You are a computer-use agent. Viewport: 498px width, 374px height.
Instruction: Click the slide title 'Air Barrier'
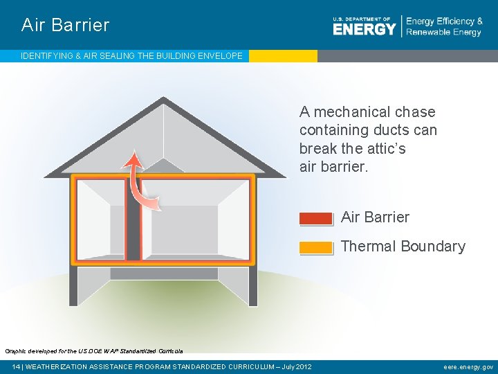65,26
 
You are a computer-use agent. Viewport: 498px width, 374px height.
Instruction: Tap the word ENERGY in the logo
364,29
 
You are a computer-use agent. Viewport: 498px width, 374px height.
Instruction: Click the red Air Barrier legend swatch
316,218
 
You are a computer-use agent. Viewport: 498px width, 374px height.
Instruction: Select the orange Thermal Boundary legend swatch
316,247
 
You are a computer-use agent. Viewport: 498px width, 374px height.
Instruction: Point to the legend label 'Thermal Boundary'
403,247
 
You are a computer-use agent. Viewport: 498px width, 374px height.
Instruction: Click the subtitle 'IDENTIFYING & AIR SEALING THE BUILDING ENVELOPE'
131,55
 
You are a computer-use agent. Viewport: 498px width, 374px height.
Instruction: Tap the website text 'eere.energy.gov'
468,367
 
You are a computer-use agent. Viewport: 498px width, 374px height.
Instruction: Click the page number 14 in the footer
16,367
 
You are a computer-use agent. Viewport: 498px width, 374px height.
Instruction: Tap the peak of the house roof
163,101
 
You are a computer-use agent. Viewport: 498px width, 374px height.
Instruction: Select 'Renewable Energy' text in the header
443,33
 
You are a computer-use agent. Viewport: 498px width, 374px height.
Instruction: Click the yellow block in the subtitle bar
283,55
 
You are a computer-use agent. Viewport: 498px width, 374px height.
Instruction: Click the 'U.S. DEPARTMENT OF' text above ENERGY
361,19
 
